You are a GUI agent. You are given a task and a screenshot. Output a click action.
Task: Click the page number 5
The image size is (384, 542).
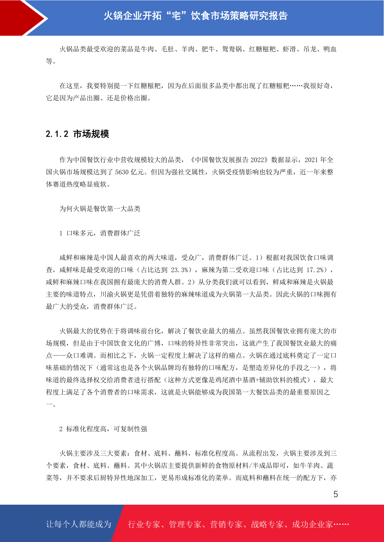pos(336,494)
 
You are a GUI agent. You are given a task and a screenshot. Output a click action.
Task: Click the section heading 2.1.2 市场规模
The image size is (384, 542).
pos(77,134)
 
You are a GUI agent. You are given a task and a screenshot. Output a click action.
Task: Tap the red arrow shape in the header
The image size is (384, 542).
pos(23,18)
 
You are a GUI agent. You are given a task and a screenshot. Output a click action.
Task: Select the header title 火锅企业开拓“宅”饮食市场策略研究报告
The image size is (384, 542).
pos(195,16)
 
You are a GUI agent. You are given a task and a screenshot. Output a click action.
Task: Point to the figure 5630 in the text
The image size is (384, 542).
pos(122,172)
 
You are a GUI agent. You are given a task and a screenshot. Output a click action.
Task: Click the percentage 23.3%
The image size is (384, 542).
pos(180,270)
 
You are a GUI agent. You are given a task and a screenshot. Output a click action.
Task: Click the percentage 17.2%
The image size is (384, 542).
pos(315,270)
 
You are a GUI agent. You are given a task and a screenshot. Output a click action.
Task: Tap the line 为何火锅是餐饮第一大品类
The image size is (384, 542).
pos(100,209)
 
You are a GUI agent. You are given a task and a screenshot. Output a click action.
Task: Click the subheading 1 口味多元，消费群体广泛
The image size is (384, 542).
pos(100,233)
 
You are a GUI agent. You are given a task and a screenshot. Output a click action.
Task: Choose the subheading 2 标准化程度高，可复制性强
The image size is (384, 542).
pos(103,429)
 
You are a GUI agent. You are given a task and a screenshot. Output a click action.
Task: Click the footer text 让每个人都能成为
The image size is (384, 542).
pos(79,524)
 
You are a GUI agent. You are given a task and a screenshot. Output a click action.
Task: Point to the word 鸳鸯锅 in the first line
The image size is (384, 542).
pos(232,49)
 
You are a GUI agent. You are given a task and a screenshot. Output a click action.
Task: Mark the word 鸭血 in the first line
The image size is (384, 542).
pos(330,49)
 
